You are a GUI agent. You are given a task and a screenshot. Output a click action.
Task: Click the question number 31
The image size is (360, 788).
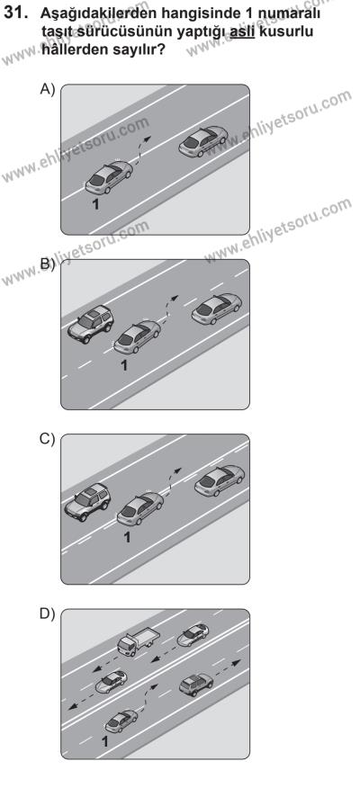[x=14, y=13]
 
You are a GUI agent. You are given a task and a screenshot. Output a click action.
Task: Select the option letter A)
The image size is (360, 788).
[x=48, y=89]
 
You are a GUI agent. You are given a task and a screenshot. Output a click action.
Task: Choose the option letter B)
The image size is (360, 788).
[x=48, y=264]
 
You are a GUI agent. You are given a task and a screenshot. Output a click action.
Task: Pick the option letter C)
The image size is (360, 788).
[x=48, y=439]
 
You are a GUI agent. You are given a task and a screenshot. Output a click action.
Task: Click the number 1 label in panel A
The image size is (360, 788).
[x=95, y=204]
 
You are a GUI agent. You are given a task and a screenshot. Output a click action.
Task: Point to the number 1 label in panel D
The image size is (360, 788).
[x=105, y=740]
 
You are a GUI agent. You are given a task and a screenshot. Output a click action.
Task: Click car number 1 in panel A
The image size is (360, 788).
[x=108, y=177]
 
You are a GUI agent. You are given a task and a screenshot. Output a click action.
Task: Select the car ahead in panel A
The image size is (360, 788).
[x=203, y=140]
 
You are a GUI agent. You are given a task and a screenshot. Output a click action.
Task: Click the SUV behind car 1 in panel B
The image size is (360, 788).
[x=91, y=324]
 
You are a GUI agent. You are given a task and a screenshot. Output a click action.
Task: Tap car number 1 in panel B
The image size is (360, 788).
[x=137, y=336]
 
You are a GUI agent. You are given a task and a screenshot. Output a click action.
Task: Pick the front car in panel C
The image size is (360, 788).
[x=220, y=480]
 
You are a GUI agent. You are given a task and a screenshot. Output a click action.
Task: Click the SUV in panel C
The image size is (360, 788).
[x=87, y=502]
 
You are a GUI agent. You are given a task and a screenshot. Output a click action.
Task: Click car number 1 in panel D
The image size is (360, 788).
[x=121, y=721]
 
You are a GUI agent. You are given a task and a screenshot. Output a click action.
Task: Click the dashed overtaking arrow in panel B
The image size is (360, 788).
[x=169, y=309]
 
